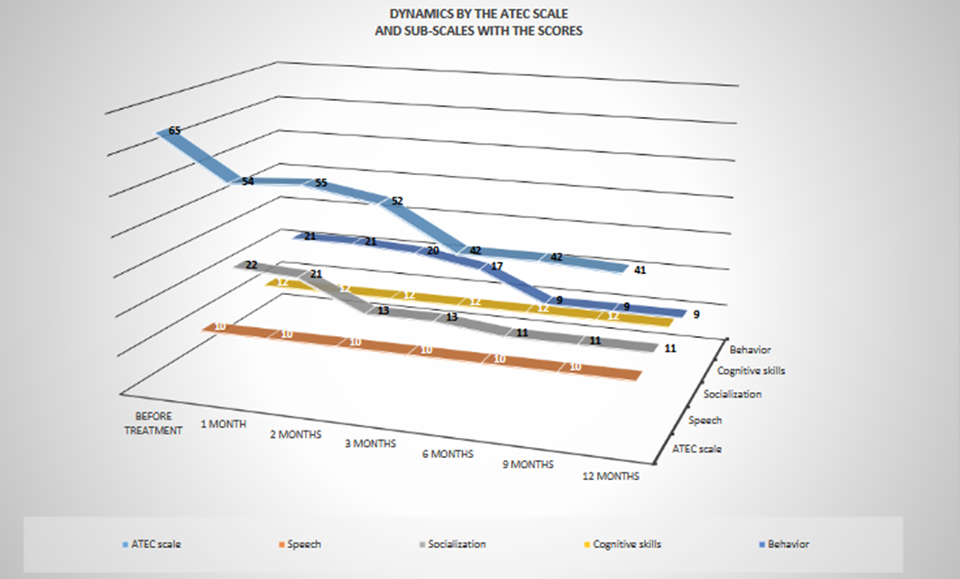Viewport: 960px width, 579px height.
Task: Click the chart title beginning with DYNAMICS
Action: [x=480, y=23]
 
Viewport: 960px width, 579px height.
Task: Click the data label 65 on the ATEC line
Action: [x=174, y=130]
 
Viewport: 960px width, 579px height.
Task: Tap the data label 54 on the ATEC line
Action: [x=247, y=181]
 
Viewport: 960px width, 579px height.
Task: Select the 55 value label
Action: [x=321, y=183]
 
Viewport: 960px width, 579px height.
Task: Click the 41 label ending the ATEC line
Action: [x=641, y=270]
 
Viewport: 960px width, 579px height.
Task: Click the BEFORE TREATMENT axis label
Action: [x=153, y=421]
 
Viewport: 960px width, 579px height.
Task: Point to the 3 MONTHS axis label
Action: [x=371, y=443]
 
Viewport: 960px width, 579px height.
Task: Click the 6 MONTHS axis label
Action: [x=448, y=453]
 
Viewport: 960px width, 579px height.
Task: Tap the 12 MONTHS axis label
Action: [x=611, y=476]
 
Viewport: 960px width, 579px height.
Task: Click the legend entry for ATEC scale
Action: [x=157, y=544]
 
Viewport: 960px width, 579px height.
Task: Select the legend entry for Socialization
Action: [x=455, y=544]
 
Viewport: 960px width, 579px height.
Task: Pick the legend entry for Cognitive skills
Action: [x=627, y=544]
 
